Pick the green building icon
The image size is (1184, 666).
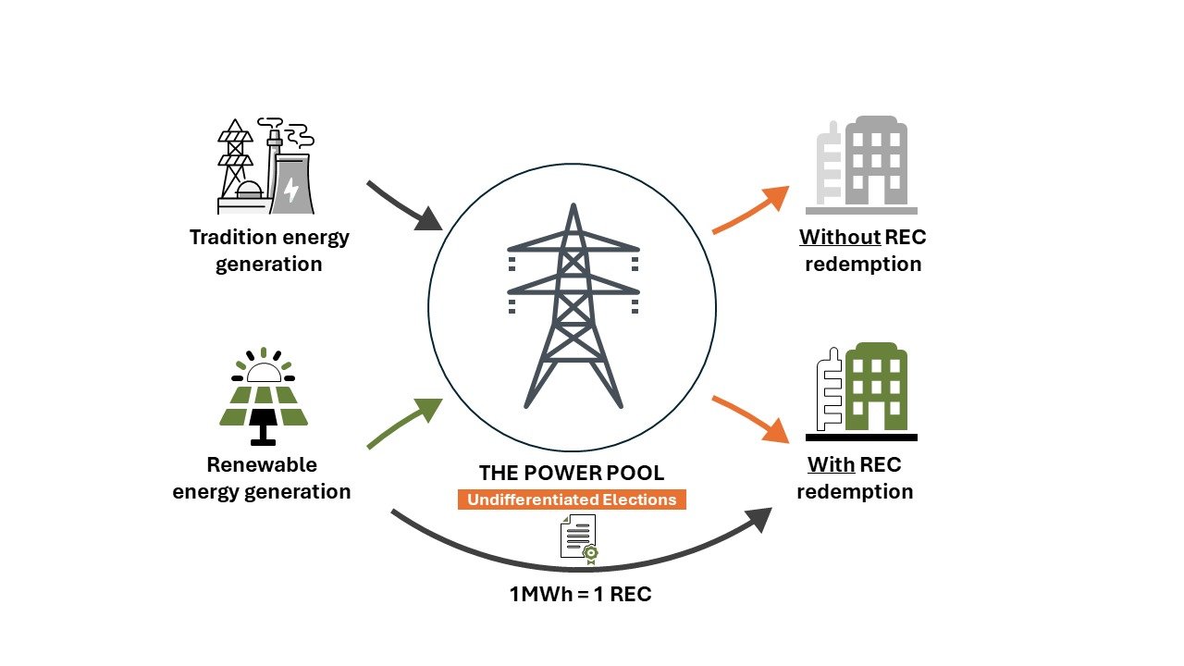point(861,390)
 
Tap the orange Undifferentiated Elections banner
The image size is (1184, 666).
point(572,499)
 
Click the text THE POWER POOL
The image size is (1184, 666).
point(572,473)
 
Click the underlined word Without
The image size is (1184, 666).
point(840,238)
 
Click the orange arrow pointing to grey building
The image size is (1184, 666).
point(750,210)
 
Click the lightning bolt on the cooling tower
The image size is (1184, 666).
point(291,191)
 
